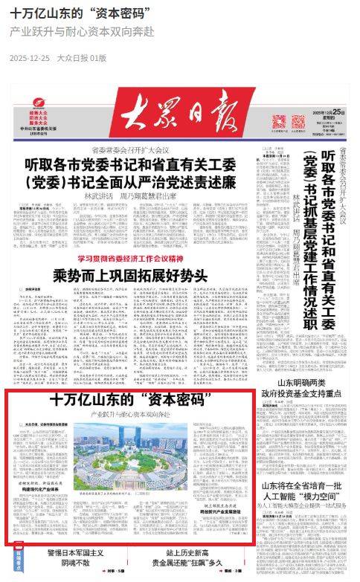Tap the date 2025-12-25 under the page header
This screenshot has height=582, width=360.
(30, 57)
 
